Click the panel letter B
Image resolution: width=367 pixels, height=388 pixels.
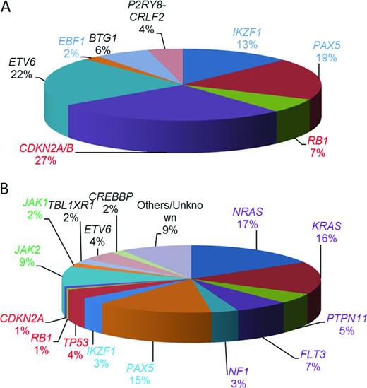[7, 189]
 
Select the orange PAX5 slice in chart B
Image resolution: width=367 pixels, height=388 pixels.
[155, 311]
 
